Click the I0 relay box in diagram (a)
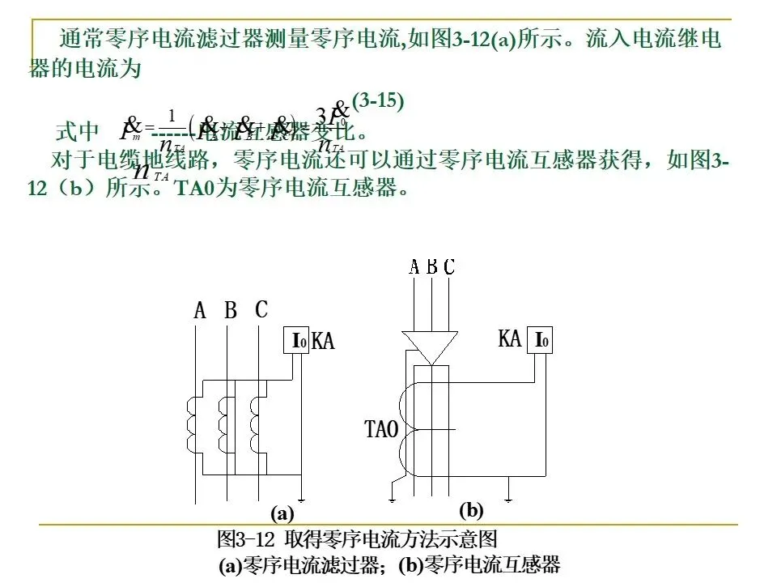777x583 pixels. [x=299, y=341]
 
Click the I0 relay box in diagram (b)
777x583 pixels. [x=541, y=341]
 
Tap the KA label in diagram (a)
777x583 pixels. [x=323, y=342]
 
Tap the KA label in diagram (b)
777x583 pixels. [x=510, y=338]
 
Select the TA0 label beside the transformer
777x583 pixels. [x=382, y=429]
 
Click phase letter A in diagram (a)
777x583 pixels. [x=200, y=310]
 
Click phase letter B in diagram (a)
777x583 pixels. [x=231, y=310]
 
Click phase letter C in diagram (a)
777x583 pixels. [x=261, y=309]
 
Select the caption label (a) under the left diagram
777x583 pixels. [x=282, y=513]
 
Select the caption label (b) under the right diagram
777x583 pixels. [x=470, y=510]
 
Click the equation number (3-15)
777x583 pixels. [x=377, y=101]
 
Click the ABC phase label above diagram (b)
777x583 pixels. [x=431, y=266]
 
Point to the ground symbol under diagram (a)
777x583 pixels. [x=300, y=496]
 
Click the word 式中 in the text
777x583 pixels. [x=77, y=131]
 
